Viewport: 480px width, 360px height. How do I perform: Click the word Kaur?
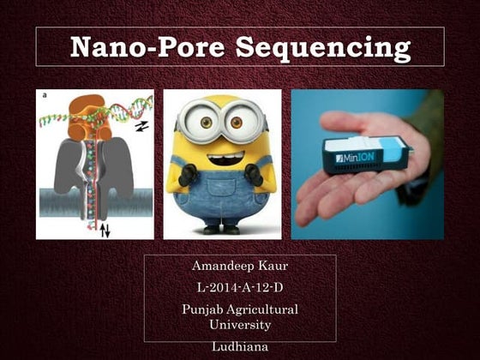coord(269,267)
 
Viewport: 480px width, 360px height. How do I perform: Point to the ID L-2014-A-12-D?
coord(240,288)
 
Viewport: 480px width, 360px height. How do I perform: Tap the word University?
coord(240,325)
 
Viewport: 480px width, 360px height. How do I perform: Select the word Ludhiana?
coord(240,345)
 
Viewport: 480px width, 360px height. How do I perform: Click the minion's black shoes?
coord(221,230)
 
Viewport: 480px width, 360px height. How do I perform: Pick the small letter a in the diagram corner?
coord(42,95)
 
